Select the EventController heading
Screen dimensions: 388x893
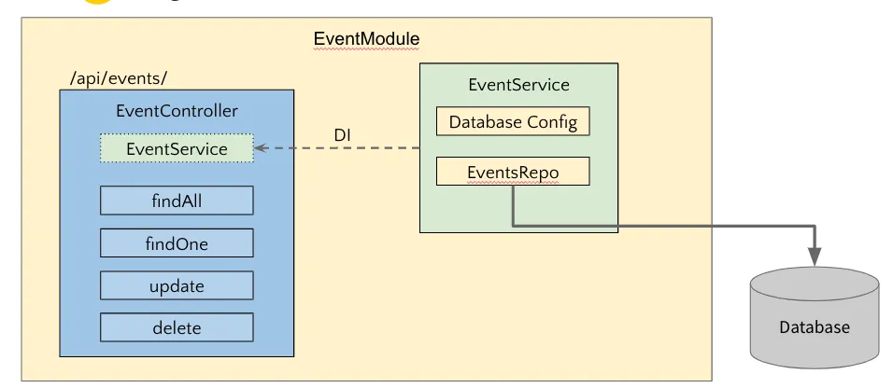tap(177, 111)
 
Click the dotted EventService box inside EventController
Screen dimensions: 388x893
tap(177, 148)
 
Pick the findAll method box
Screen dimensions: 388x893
tap(177, 200)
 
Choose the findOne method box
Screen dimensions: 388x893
tap(177, 243)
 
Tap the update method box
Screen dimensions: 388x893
tap(177, 285)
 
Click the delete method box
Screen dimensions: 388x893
tap(177, 327)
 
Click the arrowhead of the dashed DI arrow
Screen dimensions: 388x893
tap(261, 148)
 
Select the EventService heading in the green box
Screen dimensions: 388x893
tap(518, 85)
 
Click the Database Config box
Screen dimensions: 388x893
tap(513, 122)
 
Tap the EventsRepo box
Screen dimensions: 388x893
tap(513, 172)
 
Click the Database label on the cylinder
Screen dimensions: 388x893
tap(815, 327)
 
